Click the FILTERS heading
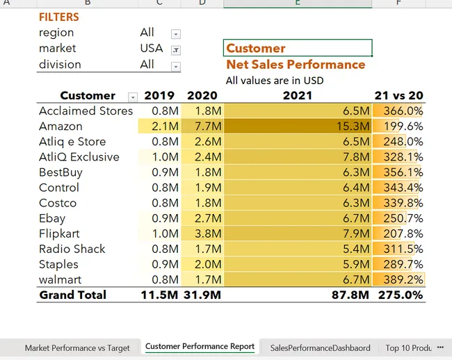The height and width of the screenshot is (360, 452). point(59,17)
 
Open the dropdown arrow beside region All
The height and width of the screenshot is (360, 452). point(175,34)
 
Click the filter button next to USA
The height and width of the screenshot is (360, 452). point(175,49)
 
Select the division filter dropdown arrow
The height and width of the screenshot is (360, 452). point(175,66)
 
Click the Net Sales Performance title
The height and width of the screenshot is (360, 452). point(296,65)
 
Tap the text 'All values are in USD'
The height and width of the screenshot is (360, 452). point(274,80)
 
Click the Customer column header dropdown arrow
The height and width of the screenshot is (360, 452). point(133,97)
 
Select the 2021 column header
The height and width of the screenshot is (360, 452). point(297,96)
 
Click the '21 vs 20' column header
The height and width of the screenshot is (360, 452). point(398,96)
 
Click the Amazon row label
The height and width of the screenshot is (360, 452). point(60,126)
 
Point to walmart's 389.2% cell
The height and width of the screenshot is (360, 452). point(398,279)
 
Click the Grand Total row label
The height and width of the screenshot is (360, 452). point(72,295)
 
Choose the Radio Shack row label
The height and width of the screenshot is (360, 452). point(72,249)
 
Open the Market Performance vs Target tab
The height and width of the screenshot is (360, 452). point(77,347)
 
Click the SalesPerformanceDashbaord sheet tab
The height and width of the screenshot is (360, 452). point(320,347)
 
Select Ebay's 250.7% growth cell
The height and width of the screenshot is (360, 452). point(398,218)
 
